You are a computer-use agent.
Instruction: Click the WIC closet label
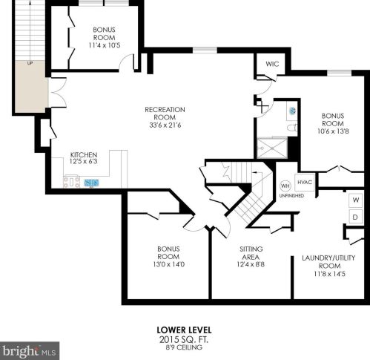[272, 64]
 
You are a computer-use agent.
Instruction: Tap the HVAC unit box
[305, 183]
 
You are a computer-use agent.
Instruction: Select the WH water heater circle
[285, 186]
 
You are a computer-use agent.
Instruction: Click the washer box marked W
[356, 200]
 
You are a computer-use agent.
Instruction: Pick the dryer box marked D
[356, 217]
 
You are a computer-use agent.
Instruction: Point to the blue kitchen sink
[91, 183]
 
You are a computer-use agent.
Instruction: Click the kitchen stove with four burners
[71, 182]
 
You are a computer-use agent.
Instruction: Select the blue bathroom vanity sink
[293, 111]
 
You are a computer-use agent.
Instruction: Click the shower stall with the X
[272, 148]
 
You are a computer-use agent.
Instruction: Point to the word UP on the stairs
[30, 63]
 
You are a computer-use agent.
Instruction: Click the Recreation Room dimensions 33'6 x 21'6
[165, 125]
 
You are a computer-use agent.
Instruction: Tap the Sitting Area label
[251, 253]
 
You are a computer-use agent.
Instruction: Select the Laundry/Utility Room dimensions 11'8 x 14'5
[329, 274]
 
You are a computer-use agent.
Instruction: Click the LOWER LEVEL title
[184, 330]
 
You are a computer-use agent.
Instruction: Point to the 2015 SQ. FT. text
[184, 339]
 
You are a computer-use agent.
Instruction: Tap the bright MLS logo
[29, 351]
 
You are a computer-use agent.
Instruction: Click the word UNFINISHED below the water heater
[291, 196]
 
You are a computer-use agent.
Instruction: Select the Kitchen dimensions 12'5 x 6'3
[84, 162]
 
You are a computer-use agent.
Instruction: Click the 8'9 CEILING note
[184, 347]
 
